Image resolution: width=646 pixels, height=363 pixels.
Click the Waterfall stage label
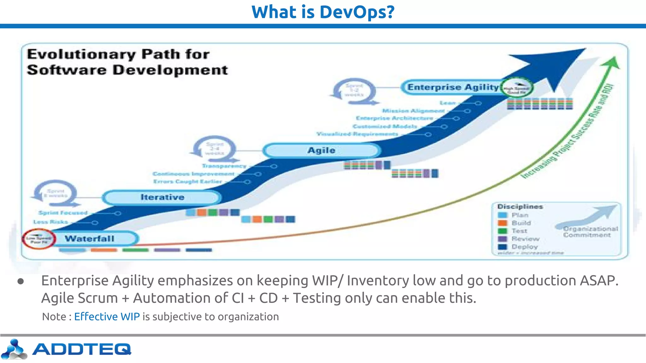click(x=90, y=239)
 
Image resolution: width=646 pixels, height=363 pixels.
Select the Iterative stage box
click(x=162, y=197)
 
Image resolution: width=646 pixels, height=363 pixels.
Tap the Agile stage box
click(x=321, y=150)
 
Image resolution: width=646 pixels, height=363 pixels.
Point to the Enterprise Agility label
click(x=453, y=87)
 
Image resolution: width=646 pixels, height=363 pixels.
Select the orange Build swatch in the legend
click(x=502, y=223)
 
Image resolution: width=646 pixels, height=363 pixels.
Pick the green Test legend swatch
click(x=502, y=231)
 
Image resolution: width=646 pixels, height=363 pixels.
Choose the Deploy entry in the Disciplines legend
click(x=524, y=247)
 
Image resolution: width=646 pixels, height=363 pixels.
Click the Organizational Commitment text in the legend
click(x=590, y=232)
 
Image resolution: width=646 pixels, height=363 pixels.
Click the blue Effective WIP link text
click(x=107, y=316)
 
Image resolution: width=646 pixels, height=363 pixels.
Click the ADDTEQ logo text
click(x=81, y=349)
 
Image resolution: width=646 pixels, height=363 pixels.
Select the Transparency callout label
click(x=224, y=166)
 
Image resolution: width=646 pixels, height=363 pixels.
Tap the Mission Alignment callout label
click(x=413, y=111)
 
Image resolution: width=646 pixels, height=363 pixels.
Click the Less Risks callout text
click(x=51, y=222)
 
